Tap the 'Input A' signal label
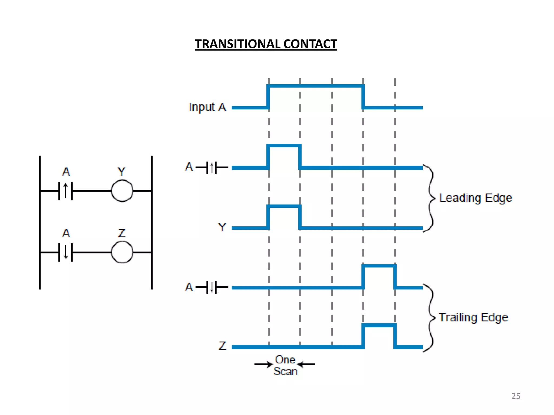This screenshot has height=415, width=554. (207, 107)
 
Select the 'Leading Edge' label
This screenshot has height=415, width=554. (476, 198)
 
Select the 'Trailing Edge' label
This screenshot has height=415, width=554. (473, 317)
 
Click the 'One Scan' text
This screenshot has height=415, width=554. (285, 366)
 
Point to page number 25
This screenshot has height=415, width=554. (516, 396)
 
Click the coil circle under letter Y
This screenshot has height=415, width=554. (122, 191)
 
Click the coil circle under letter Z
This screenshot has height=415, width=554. (122, 252)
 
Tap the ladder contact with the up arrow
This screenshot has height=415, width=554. (65, 191)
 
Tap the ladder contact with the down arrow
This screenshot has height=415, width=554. (65, 252)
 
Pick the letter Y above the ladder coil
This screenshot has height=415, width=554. (121, 172)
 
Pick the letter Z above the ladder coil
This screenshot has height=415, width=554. (122, 233)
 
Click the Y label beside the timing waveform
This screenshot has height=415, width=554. (222, 227)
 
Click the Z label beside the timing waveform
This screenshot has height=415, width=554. (222, 346)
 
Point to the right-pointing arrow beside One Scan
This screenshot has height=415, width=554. (263, 364)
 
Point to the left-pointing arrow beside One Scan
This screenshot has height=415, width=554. (306, 364)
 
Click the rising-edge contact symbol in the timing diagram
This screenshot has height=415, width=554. (212, 168)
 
